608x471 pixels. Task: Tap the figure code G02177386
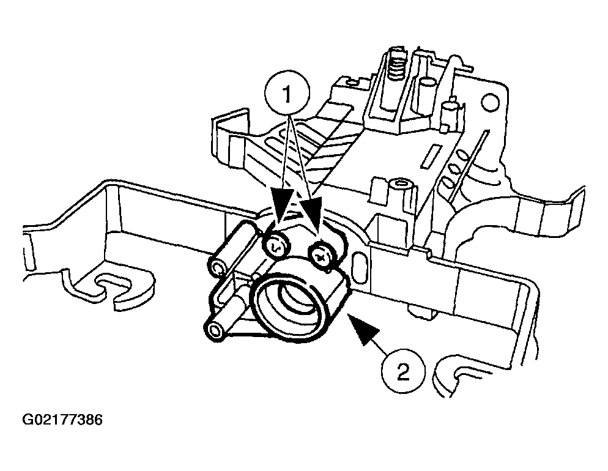(x=62, y=420)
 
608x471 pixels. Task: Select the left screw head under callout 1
(x=276, y=247)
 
